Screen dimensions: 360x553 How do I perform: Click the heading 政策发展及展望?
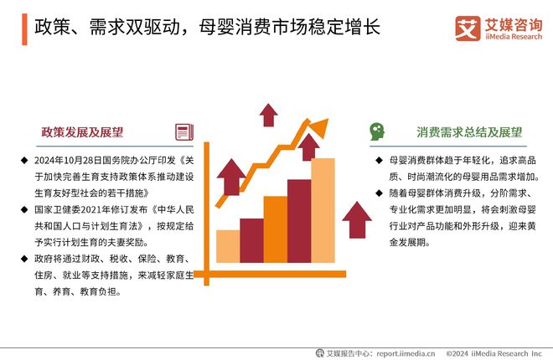82,131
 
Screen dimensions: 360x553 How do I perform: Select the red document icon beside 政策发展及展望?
184,131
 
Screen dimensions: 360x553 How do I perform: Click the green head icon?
378,131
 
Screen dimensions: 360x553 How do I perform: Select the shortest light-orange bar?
228,246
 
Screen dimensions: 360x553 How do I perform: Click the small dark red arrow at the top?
268,113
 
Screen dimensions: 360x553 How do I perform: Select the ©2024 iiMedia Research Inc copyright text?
494,353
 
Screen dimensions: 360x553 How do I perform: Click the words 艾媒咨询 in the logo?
508,23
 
